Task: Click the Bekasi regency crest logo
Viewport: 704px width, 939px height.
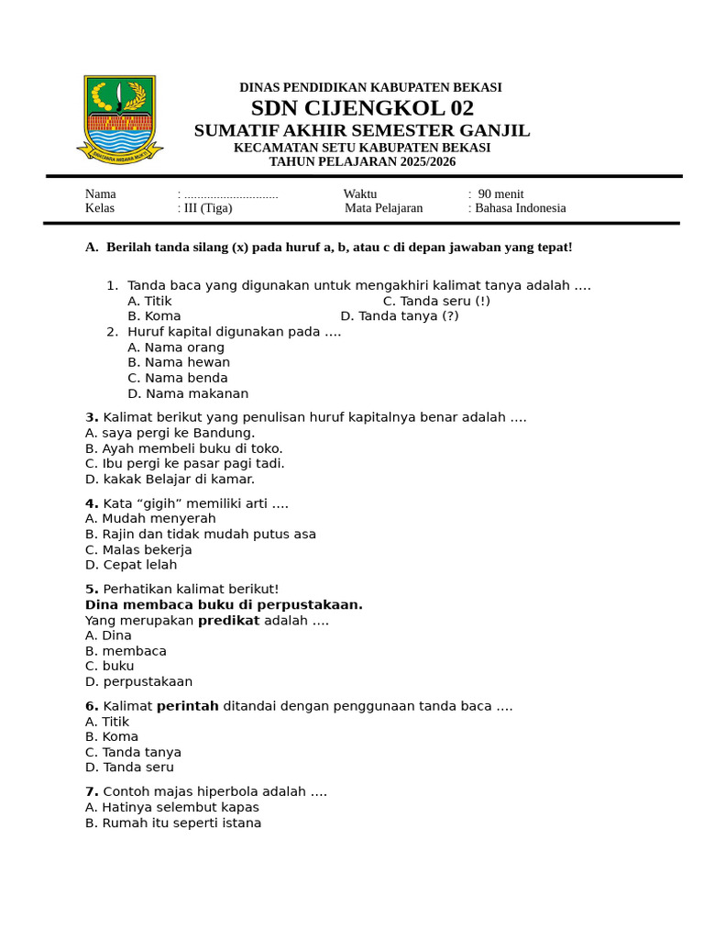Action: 119,119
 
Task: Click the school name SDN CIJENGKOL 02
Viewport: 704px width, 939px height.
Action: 362,108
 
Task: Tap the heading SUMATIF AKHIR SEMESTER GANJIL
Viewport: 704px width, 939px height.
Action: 362,131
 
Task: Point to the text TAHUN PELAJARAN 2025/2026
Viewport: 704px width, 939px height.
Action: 362,162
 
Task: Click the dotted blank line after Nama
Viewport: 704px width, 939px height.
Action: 231,194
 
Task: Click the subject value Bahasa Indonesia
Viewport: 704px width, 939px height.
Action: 520,208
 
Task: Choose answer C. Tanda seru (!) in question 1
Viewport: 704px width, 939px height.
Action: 436,301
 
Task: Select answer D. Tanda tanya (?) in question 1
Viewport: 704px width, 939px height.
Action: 400,316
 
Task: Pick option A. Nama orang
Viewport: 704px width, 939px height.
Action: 176,348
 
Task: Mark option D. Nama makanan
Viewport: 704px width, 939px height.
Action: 188,394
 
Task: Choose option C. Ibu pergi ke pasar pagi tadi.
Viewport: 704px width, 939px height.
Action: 185,464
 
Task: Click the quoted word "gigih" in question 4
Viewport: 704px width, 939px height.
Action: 168,503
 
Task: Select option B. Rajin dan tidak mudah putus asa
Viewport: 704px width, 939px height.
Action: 201,535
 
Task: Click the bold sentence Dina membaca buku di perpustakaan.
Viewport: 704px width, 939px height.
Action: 224,605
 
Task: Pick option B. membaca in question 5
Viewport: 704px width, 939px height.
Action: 126,651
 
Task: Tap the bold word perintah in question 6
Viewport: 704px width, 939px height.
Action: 188,706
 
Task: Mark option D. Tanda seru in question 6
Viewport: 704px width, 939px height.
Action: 129,768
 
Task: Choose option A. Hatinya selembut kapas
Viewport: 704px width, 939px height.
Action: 172,808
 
